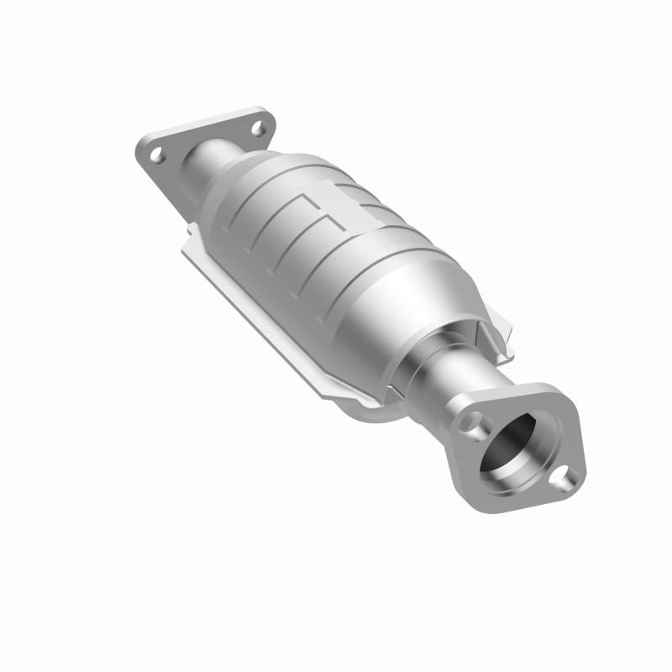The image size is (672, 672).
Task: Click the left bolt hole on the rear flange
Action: pos(156,155)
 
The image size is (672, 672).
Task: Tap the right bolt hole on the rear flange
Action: pos(256,129)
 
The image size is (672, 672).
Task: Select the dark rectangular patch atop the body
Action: pos(354,198)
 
